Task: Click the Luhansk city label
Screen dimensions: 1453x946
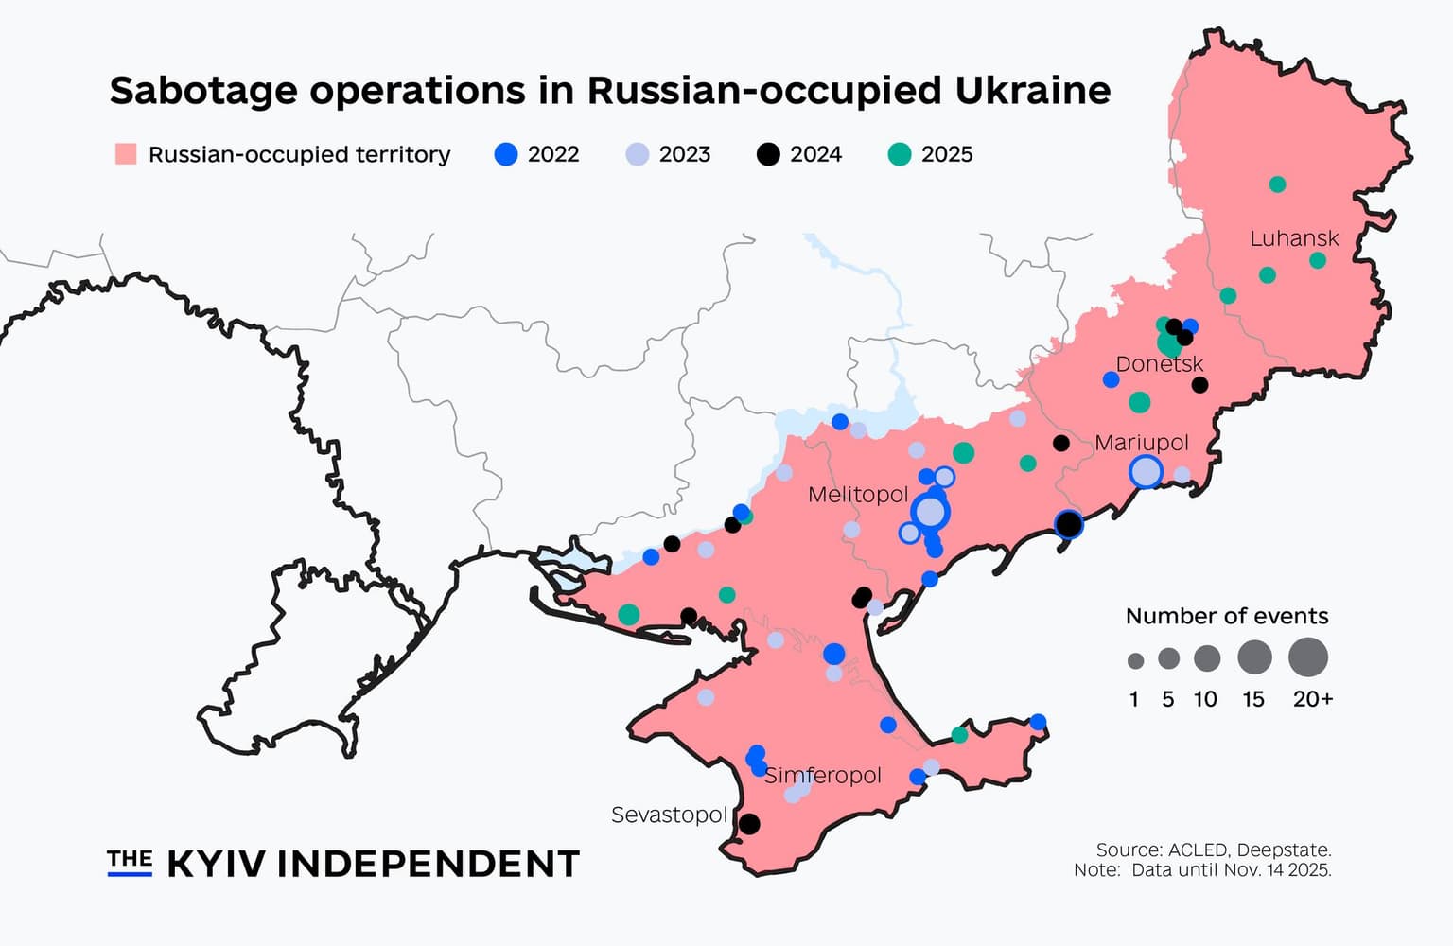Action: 1294,238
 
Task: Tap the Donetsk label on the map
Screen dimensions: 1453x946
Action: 1159,364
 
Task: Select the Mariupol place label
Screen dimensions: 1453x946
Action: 1141,443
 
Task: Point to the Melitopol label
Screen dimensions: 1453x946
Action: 857,495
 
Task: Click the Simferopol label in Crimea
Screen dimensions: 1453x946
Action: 822,776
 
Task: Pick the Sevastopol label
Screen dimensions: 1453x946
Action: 669,815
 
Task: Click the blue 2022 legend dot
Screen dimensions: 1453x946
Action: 507,155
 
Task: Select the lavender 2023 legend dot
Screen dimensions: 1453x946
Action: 639,155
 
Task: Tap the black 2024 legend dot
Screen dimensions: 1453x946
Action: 769,155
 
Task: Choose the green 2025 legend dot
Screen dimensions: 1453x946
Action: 900,155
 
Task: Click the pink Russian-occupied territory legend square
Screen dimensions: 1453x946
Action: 126,154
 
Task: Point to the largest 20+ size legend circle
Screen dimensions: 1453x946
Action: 1308,657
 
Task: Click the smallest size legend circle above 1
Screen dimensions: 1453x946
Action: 1135,660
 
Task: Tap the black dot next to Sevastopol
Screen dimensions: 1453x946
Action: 748,824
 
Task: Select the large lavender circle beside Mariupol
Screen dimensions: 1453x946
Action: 1146,471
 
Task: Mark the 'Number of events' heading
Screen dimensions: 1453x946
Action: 1226,617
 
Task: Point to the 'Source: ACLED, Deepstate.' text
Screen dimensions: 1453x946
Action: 1213,850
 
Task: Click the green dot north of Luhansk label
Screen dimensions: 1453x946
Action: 1277,184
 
